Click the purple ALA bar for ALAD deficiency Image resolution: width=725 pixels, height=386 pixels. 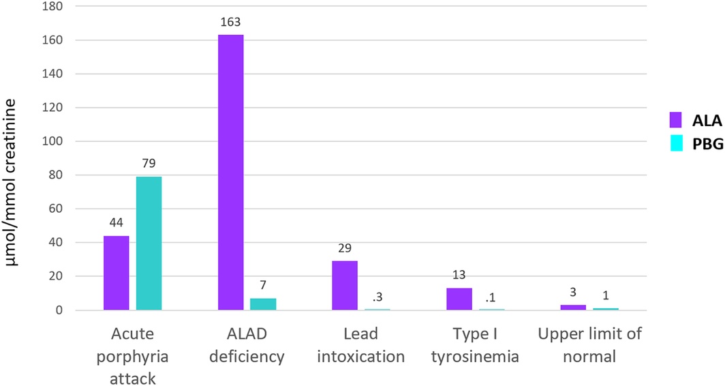click(x=231, y=172)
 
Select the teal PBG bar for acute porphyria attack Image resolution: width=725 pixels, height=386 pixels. click(x=149, y=243)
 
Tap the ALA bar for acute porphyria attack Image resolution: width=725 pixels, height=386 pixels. click(x=116, y=273)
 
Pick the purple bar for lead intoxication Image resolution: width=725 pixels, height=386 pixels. click(x=345, y=285)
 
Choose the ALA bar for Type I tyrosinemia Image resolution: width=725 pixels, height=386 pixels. click(x=459, y=299)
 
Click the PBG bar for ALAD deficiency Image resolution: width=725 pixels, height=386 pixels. click(x=263, y=304)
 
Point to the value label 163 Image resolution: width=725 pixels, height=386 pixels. click(x=231, y=23)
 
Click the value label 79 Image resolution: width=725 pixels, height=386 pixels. click(x=149, y=164)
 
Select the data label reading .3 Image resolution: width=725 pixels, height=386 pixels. click(x=377, y=297)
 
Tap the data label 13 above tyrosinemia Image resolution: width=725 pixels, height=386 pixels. click(x=459, y=276)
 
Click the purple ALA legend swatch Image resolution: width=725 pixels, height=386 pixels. click(x=676, y=120)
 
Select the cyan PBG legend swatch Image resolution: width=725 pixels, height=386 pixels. click(x=676, y=145)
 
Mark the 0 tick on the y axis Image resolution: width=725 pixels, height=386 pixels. click(x=59, y=310)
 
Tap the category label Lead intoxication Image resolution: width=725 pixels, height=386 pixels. click(x=361, y=345)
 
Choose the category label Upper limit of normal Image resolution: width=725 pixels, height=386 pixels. click(x=590, y=345)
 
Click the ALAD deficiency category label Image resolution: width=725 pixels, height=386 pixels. click(x=247, y=345)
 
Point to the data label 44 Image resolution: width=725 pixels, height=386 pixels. click(x=116, y=222)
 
